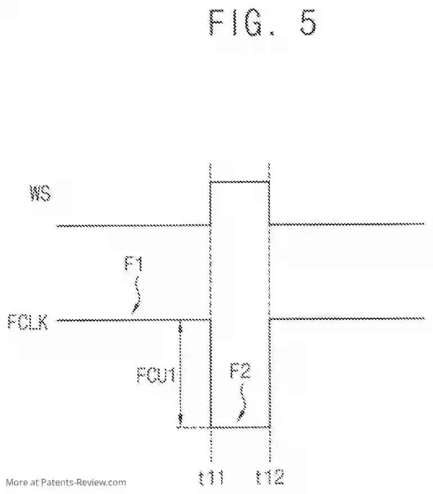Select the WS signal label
click(x=40, y=194)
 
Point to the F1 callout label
click(x=133, y=264)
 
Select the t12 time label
click(x=270, y=478)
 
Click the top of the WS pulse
click(x=240, y=182)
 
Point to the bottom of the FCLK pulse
click(x=240, y=427)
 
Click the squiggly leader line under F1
click(x=136, y=295)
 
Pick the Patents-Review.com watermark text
click(x=66, y=482)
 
